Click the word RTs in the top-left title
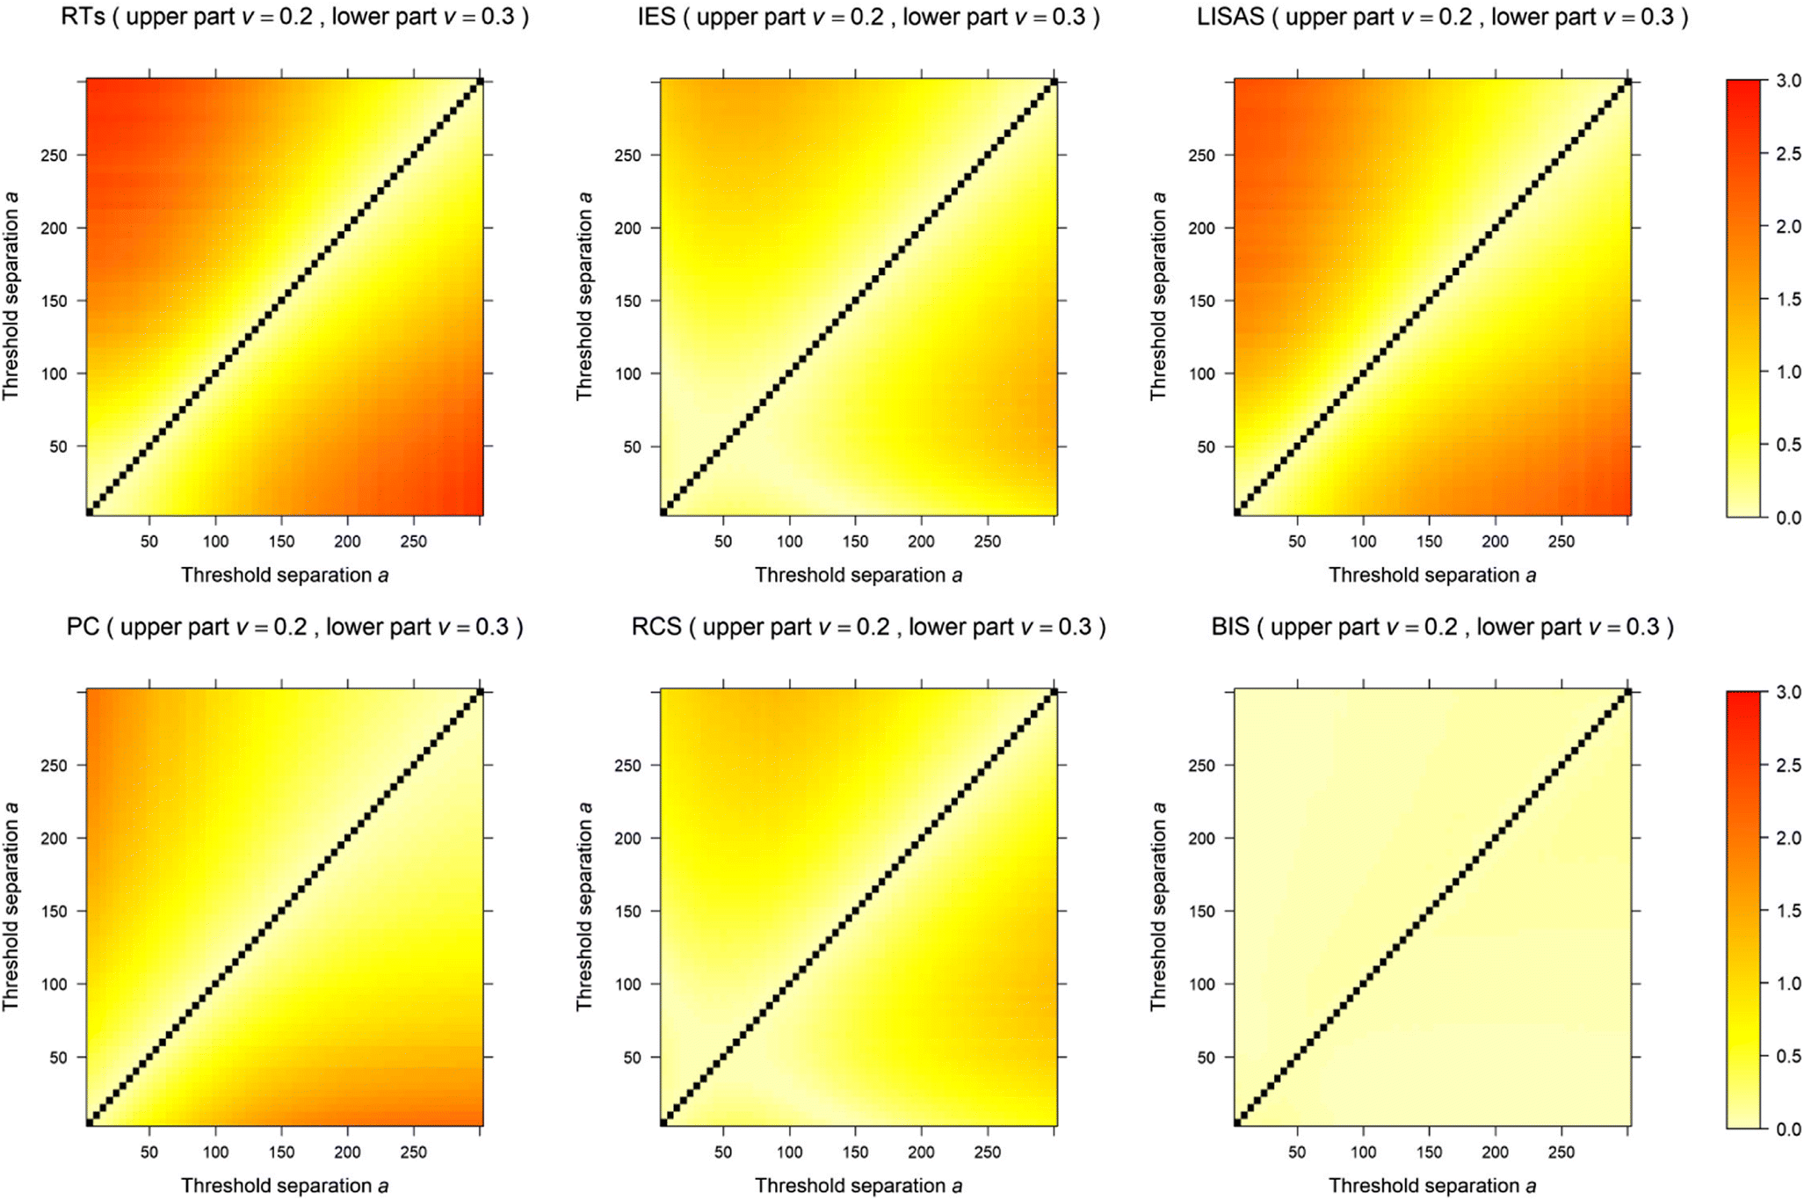click(83, 17)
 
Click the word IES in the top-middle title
click(656, 17)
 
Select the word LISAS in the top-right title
click(1229, 17)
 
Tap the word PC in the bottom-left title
click(83, 627)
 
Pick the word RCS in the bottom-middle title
click(656, 627)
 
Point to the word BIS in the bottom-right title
click(1230, 627)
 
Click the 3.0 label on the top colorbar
click(1788, 81)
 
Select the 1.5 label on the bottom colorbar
click(1788, 911)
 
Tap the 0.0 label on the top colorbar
click(1788, 518)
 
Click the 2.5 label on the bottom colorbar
click(1788, 766)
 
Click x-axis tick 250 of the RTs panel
click(413, 542)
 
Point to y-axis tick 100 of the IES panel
click(627, 374)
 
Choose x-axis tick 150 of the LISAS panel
click(1429, 542)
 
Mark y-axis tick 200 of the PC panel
click(54, 839)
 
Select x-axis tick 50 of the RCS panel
click(723, 1153)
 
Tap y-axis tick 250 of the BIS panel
click(1201, 766)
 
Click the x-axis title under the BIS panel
click(1431, 1186)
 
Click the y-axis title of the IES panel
click(584, 296)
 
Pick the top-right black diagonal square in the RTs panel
click(480, 82)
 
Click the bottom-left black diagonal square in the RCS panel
click(663, 1122)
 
